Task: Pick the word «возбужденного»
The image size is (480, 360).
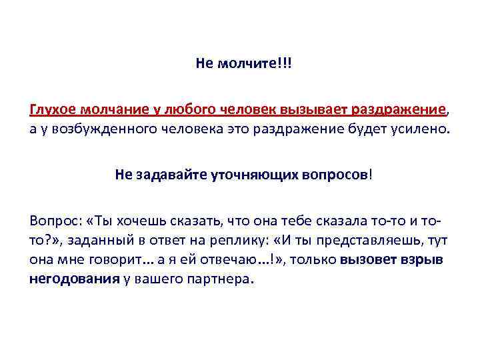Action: point(101,127)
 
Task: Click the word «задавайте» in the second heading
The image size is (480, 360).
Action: point(172,175)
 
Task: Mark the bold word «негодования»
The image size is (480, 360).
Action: point(74,279)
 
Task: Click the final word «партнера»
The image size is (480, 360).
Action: point(221,279)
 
